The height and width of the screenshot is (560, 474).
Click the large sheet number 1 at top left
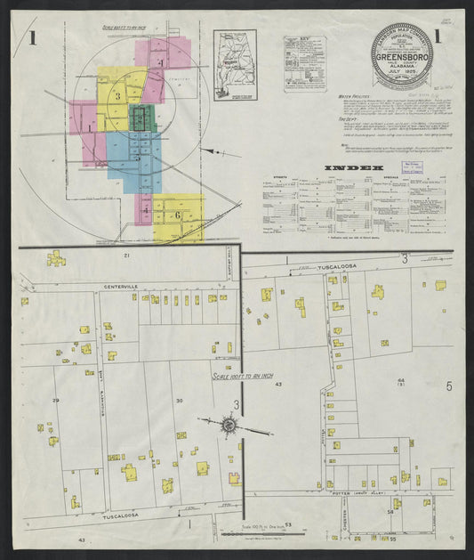[x=33, y=38]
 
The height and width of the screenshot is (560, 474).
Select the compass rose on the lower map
[x=229, y=427]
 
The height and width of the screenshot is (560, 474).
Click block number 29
[x=55, y=401]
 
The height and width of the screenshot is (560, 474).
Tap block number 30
[x=179, y=401]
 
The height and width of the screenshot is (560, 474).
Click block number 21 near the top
[x=126, y=256]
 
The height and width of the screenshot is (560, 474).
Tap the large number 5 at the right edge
[x=449, y=386]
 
